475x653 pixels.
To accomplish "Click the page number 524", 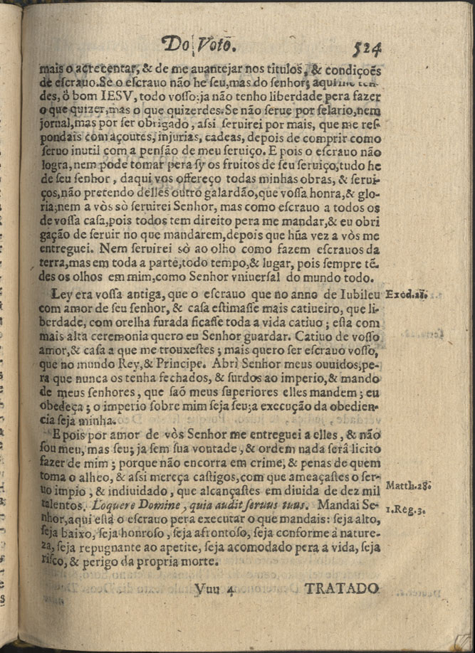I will [x=367, y=48].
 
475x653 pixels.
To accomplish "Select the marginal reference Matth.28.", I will [x=407, y=487].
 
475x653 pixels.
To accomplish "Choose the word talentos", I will [x=62, y=505].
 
